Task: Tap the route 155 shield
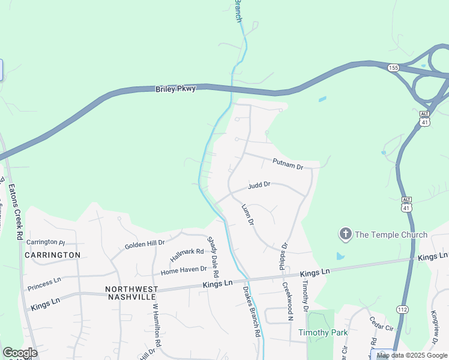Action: (x=393, y=67)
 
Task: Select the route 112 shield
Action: (x=402, y=308)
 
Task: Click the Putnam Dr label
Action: (x=288, y=163)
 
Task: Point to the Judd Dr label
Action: (x=259, y=185)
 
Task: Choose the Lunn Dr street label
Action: (x=247, y=214)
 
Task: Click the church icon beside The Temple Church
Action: (x=345, y=235)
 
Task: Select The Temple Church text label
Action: (x=391, y=235)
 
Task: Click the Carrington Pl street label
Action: (x=45, y=242)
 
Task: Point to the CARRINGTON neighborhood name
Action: (x=53, y=255)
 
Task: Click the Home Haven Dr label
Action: (x=184, y=271)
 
